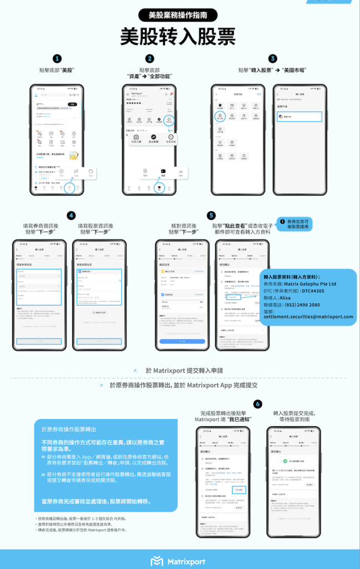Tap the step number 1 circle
tap(57, 59)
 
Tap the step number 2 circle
tap(149, 59)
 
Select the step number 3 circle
tap(272, 59)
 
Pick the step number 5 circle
tap(211, 216)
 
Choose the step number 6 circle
tap(257, 404)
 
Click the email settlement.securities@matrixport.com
tap(308, 317)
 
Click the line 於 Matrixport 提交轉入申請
tap(184, 370)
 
